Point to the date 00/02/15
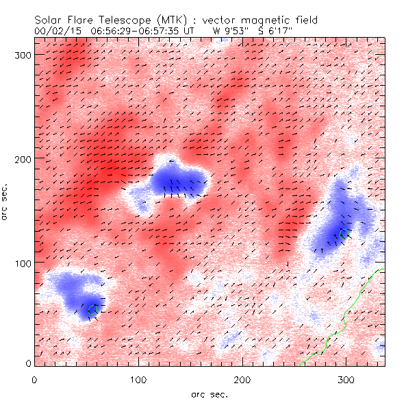pyautogui.click(x=54, y=32)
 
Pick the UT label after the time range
pyautogui.click(x=194, y=32)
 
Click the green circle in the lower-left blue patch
pyautogui.click(x=93, y=310)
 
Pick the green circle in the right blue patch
pyautogui.click(x=344, y=234)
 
